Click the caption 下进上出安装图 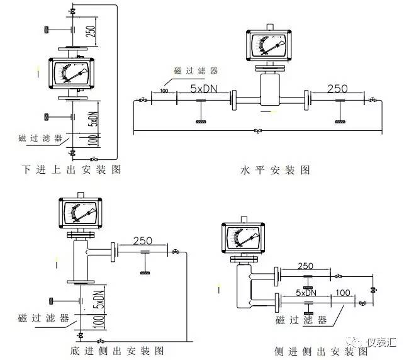pyautogui.click(x=70, y=169)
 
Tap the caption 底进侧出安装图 pyautogui.click(x=118, y=350)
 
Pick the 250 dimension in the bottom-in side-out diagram pyautogui.click(x=143, y=240)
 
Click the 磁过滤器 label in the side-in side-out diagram pyautogui.click(x=301, y=320)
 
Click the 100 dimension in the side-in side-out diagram pyautogui.click(x=344, y=293)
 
